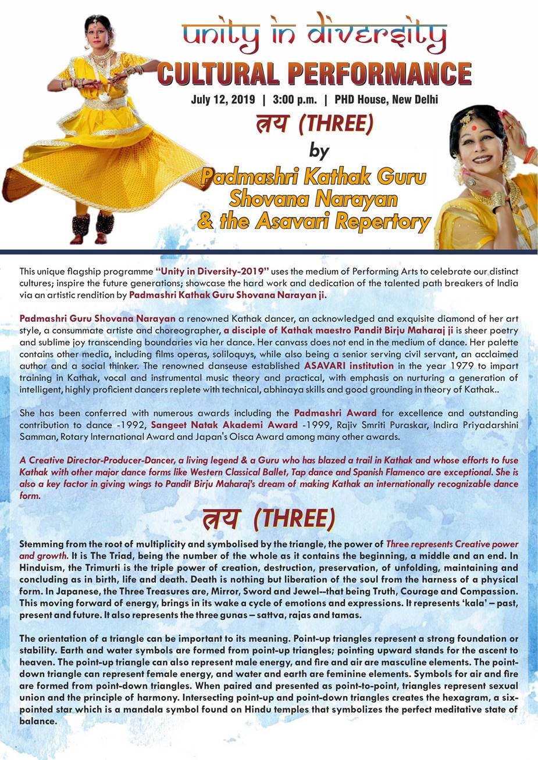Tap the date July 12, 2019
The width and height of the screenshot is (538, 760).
coord(223,99)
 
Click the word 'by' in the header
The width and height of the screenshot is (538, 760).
coord(319,151)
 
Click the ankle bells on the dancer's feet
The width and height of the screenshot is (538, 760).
coord(92,223)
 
